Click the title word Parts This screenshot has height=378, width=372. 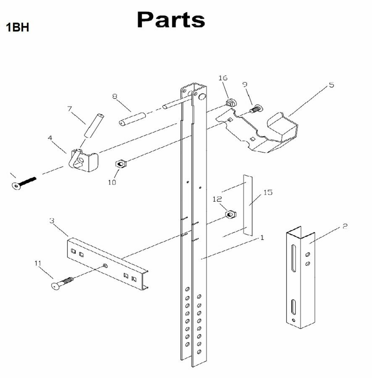171,20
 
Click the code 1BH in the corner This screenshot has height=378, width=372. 17,28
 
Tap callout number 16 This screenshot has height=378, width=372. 223,78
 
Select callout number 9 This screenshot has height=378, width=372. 245,84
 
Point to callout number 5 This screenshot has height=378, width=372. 331,85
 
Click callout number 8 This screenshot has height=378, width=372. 114,96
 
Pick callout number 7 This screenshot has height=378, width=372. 70,109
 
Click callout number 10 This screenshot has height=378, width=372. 112,182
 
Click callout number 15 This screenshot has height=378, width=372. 268,192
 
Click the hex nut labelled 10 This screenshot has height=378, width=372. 119,163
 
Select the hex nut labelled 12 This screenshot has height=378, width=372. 229,215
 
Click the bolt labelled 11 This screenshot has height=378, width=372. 62,283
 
